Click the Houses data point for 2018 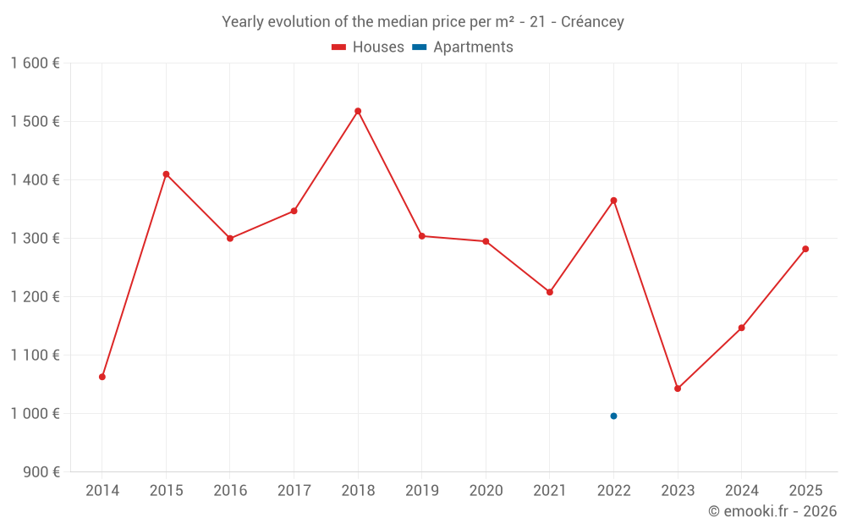click(358, 111)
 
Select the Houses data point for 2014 click(102, 377)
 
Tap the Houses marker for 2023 click(678, 388)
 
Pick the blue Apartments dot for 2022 click(613, 416)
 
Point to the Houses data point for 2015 click(166, 174)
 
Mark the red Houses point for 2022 click(613, 201)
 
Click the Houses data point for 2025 click(805, 249)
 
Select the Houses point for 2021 click(550, 292)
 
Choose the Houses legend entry click(368, 47)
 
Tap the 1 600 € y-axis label click(35, 63)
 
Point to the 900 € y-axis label click(40, 472)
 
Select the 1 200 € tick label click(35, 297)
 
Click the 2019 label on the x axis click(421, 491)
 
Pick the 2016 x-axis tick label click(230, 491)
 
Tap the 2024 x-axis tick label click(741, 491)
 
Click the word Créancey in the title click(592, 22)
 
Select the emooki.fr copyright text click(772, 511)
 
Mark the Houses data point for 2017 click(294, 211)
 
